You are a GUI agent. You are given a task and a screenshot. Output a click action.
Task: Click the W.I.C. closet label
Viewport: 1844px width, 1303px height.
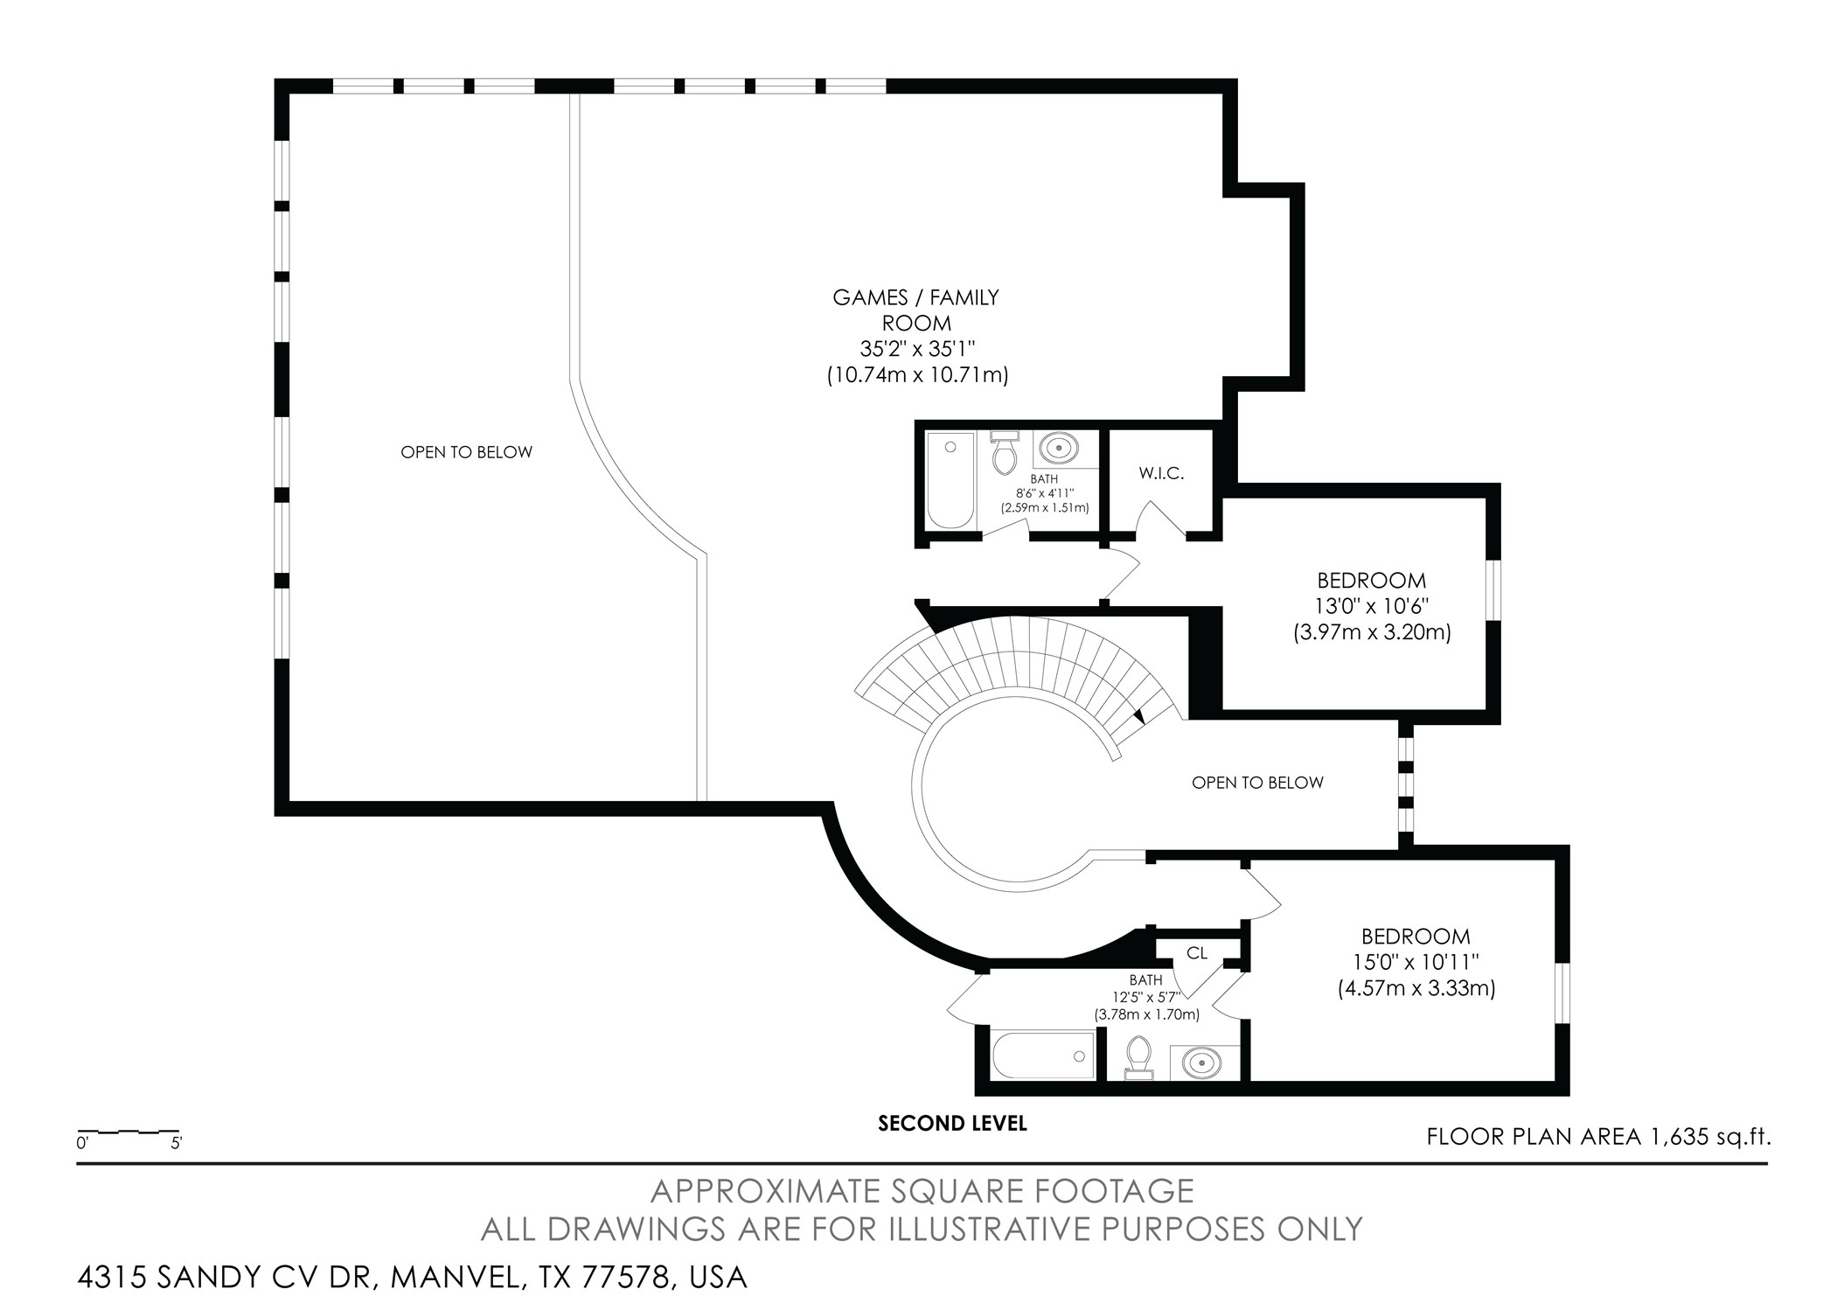point(1161,473)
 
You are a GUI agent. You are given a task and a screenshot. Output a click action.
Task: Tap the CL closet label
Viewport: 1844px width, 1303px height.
point(1197,952)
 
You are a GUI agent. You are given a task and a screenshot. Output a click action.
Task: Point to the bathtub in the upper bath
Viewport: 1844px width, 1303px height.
point(950,480)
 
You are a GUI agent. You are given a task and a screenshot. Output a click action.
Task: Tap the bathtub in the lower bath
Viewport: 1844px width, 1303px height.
point(1043,1054)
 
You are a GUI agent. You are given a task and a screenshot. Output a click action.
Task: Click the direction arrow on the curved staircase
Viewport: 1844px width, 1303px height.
point(1138,716)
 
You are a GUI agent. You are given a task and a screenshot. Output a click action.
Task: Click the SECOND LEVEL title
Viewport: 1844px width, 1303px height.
point(952,1123)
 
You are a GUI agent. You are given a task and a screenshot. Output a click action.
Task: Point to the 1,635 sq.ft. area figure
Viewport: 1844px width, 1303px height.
point(1709,1137)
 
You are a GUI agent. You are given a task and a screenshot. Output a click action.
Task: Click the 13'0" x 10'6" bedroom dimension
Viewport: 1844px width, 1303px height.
point(1372,605)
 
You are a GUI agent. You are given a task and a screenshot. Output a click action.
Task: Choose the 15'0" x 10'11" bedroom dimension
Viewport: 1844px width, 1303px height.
point(1416,962)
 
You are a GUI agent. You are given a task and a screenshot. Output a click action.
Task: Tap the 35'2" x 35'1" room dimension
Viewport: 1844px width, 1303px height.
point(917,349)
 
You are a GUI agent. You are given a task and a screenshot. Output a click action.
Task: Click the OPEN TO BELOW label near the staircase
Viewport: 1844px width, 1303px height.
point(1257,783)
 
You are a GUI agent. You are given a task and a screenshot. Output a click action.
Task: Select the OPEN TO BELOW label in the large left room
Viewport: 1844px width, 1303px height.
point(466,452)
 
